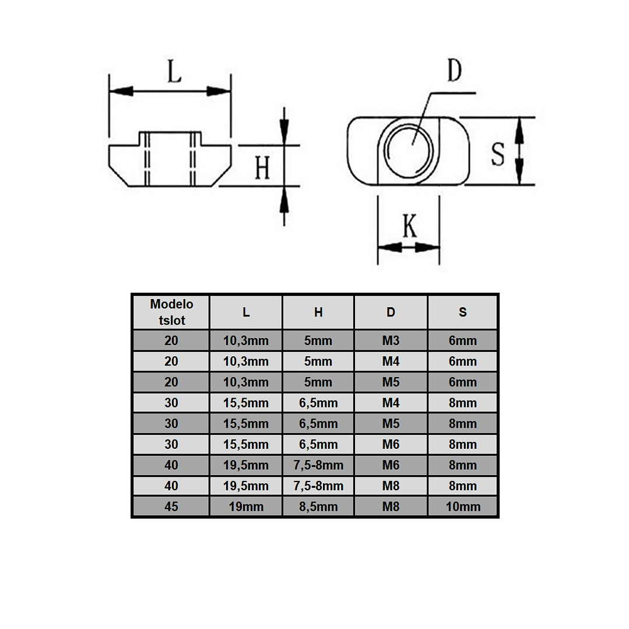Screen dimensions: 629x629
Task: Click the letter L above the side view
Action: tap(174, 71)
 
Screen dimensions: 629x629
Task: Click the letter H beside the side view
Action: tap(263, 168)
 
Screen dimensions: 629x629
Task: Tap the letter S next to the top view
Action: tap(498, 154)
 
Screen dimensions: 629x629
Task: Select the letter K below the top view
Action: tap(410, 226)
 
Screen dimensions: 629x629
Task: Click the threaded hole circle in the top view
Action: tap(409, 151)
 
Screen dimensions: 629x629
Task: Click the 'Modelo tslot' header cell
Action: tap(171, 312)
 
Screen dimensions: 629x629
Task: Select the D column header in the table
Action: tap(391, 312)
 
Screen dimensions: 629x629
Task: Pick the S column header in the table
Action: tap(462, 312)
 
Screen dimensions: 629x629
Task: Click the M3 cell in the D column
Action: tap(391, 340)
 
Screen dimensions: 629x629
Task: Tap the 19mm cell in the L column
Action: tap(246, 507)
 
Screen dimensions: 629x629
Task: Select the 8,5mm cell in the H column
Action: tap(318, 507)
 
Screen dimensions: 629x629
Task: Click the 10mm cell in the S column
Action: tap(462, 507)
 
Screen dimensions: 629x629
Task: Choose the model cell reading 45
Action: tap(171, 507)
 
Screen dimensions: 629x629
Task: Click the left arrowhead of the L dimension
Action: tap(121, 91)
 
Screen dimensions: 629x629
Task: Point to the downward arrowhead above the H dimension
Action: tap(284, 133)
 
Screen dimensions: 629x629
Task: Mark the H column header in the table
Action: tap(318, 312)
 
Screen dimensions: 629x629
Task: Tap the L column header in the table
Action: tap(246, 312)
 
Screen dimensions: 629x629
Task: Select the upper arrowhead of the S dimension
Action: tap(519, 131)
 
